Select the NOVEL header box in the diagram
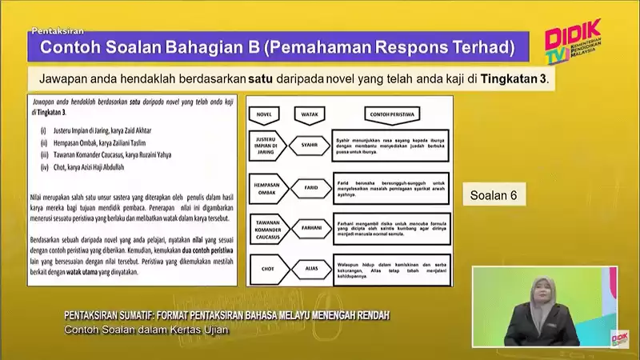pyautogui.click(x=265, y=114)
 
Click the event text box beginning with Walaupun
pyautogui.click(x=390, y=269)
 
